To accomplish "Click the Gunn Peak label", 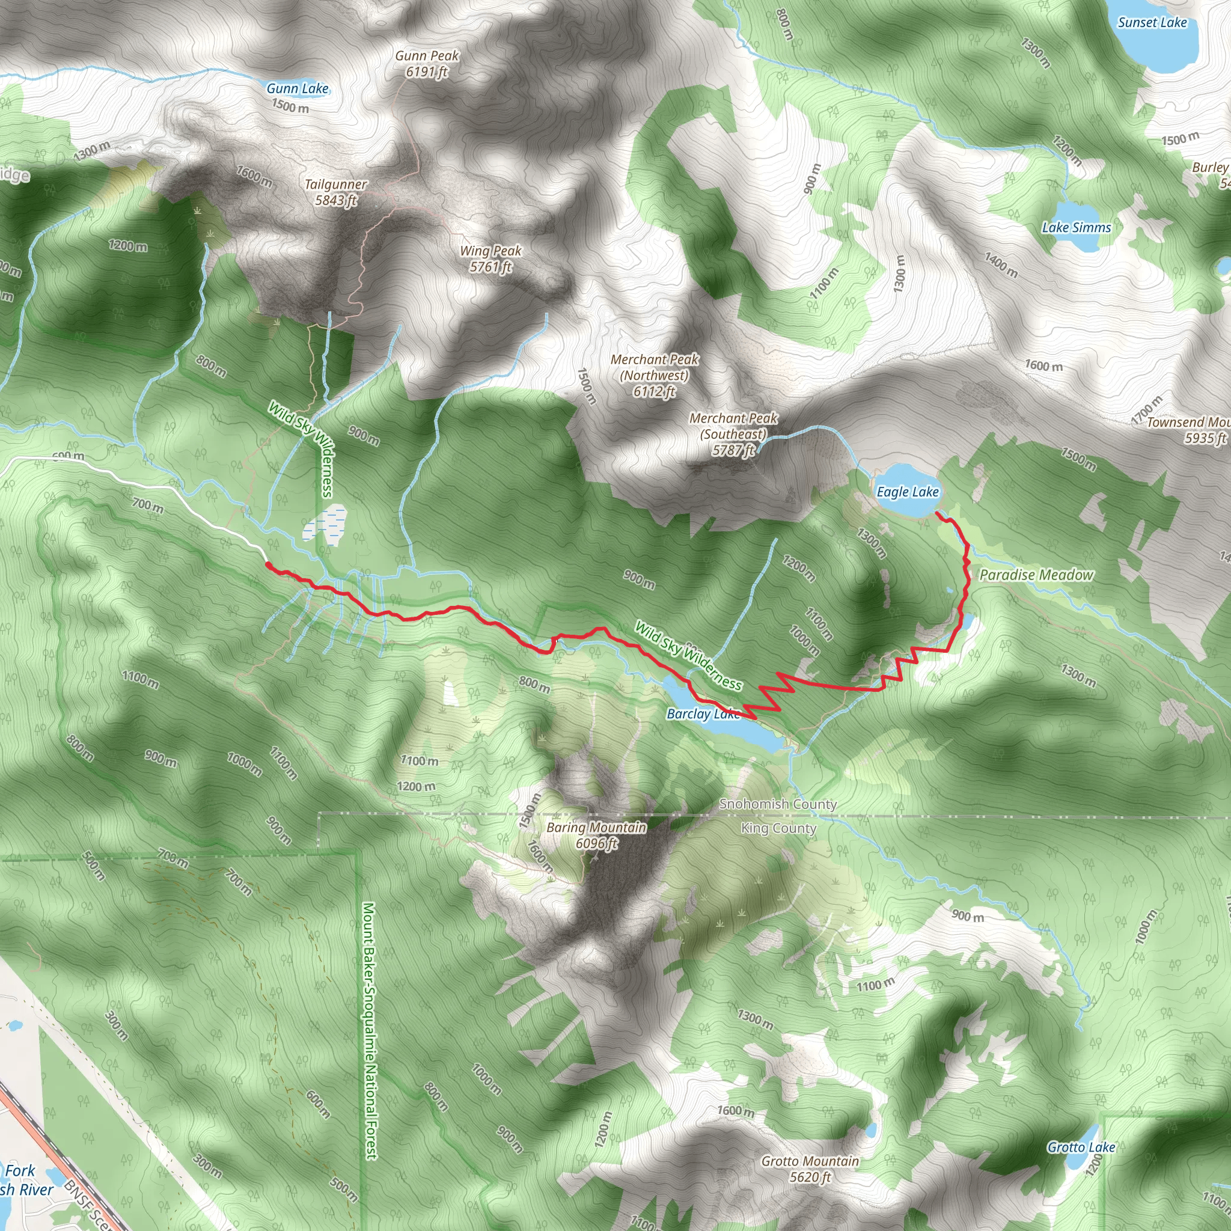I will pyautogui.click(x=426, y=64).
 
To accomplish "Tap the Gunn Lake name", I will pyautogui.click(x=298, y=88).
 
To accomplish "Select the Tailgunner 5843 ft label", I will pyautogui.click(x=336, y=192).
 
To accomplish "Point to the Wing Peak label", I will pyautogui.click(x=490, y=258).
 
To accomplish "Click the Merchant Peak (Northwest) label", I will pyautogui.click(x=655, y=375).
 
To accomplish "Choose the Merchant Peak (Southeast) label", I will pyautogui.click(x=733, y=434).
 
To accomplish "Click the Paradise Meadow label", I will pyautogui.click(x=1036, y=575).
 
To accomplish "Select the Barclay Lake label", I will pyautogui.click(x=703, y=714).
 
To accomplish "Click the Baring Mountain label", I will pyautogui.click(x=596, y=835).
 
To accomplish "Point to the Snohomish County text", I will pyautogui.click(x=777, y=804).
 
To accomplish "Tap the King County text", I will pyautogui.click(x=778, y=828).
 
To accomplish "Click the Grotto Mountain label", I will pyautogui.click(x=810, y=1168).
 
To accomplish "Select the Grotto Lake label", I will pyautogui.click(x=1081, y=1147).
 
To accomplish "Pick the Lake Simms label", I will pyautogui.click(x=1076, y=227).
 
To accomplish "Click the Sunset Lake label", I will pyautogui.click(x=1152, y=22).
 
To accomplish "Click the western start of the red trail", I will pyautogui.click(x=267, y=564).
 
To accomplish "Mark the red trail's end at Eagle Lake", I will pyautogui.click(x=938, y=512).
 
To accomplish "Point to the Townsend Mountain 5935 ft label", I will pyautogui.click(x=1189, y=430).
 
